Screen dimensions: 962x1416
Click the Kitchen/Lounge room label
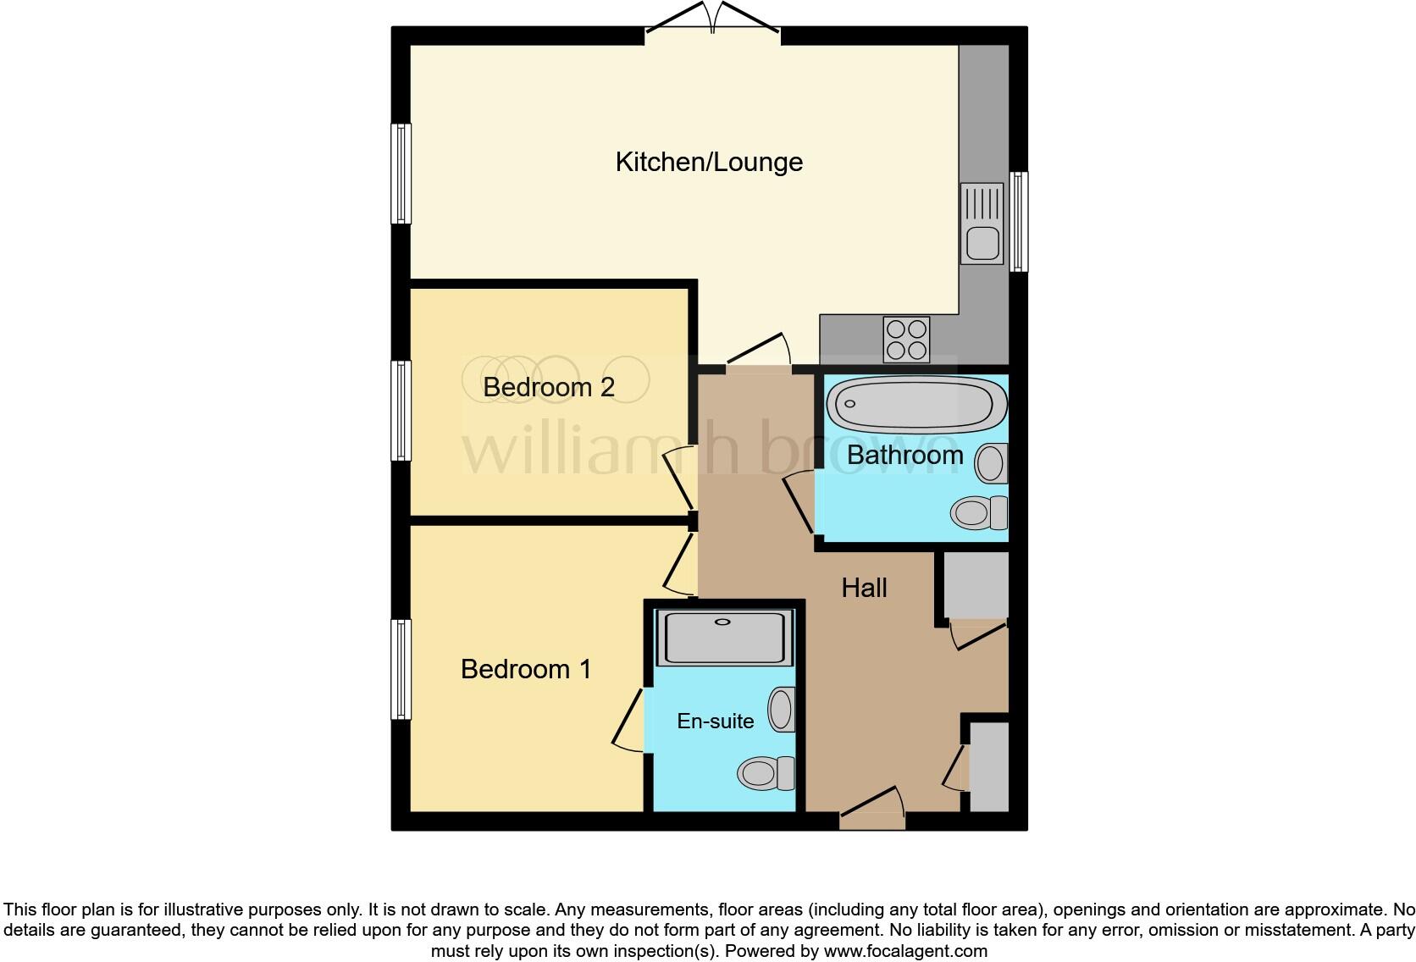(x=709, y=162)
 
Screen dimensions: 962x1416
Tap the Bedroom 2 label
(x=548, y=387)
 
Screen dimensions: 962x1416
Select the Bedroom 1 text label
(x=525, y=669)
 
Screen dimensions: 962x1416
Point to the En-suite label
(x=715, y=721)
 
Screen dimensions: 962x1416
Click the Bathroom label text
(x=904, y=455)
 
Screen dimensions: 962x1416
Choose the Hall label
(x=864, y=588)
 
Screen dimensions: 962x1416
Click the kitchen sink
(x=982, y=224)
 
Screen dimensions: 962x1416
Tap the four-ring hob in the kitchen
(x=906, y=339)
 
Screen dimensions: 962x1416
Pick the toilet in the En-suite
(x=766, y=772)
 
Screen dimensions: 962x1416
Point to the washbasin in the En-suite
(x=782, y=710)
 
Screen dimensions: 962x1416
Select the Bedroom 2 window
(x=401, y=411)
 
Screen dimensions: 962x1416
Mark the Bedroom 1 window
(x=401, y=669)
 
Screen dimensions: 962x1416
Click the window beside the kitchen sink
(x=1019, y=222)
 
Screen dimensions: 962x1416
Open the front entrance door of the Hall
(x=872, y=811)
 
